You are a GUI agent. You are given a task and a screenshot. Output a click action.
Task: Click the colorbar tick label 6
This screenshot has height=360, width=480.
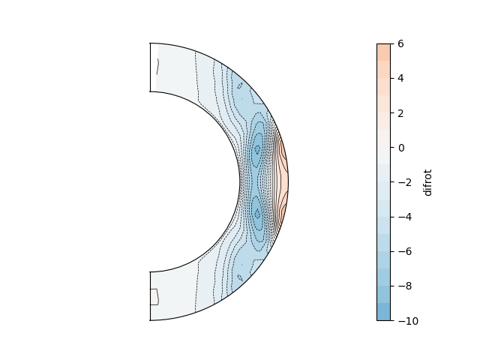pyautogui.click(x=400, y=43)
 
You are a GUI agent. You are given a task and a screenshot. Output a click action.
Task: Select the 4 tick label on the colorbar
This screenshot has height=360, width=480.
pyautogui.click(x=400, y=78)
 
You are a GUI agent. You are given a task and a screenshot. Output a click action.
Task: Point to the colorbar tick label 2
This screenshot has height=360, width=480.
pyautogui.click(x=400, y=113)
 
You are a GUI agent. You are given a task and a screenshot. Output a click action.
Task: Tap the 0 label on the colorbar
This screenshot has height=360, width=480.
pyautogui.click(x=401, y=148)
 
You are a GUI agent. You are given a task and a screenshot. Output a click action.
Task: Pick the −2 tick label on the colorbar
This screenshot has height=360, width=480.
pyautogui.click(x=405, y=182)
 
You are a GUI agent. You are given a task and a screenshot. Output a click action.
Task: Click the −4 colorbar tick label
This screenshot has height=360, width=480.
pyautogui.click(x=405, y=217)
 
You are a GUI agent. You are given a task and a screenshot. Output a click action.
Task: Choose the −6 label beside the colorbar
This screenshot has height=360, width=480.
pyautogui.click(x=405, y=252)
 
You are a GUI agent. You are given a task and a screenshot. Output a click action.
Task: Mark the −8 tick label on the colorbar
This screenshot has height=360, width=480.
pyautogui.click(x=405, y=286)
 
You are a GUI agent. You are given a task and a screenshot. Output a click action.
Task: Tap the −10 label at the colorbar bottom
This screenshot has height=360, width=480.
pyautogui.click(x=408, y=321)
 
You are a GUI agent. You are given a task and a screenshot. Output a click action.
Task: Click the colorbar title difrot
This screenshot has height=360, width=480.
pyautogui.click(x=427, y=182)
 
